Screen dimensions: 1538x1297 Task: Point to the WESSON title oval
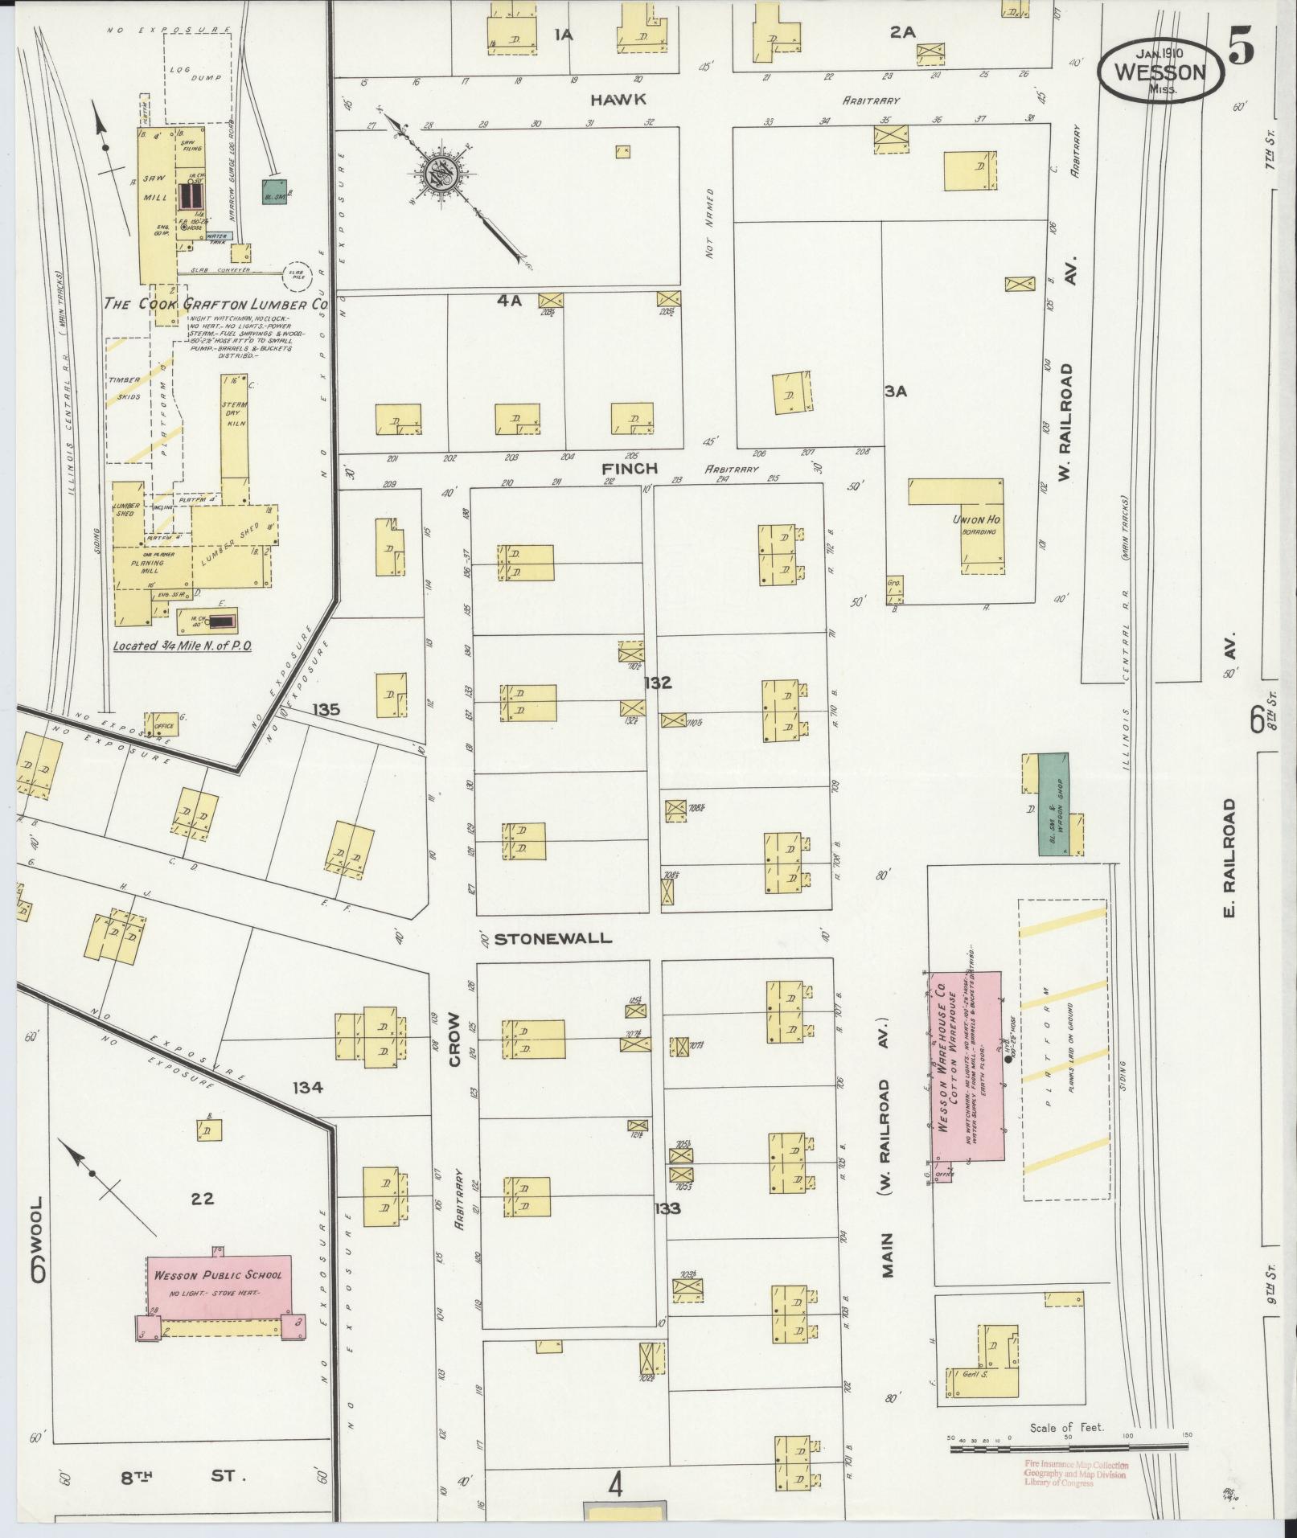point(1160,72)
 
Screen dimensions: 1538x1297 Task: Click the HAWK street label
point(618,99)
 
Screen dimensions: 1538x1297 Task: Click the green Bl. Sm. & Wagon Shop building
point(1053,803)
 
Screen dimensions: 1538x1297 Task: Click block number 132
point(657,683)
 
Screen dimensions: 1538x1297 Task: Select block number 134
point(307,1087)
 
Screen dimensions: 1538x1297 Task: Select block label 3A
point(895,392)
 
